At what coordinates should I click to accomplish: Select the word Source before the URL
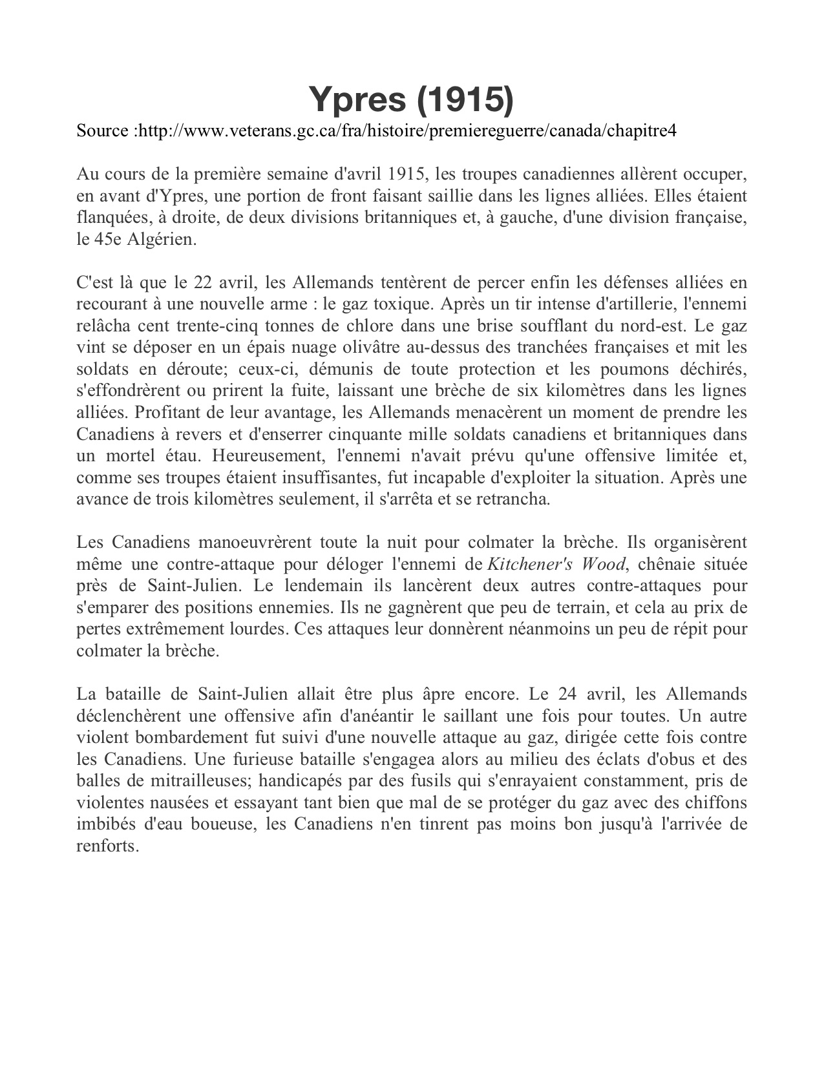coord(102,131)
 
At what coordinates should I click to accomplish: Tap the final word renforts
coord(107,846)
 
